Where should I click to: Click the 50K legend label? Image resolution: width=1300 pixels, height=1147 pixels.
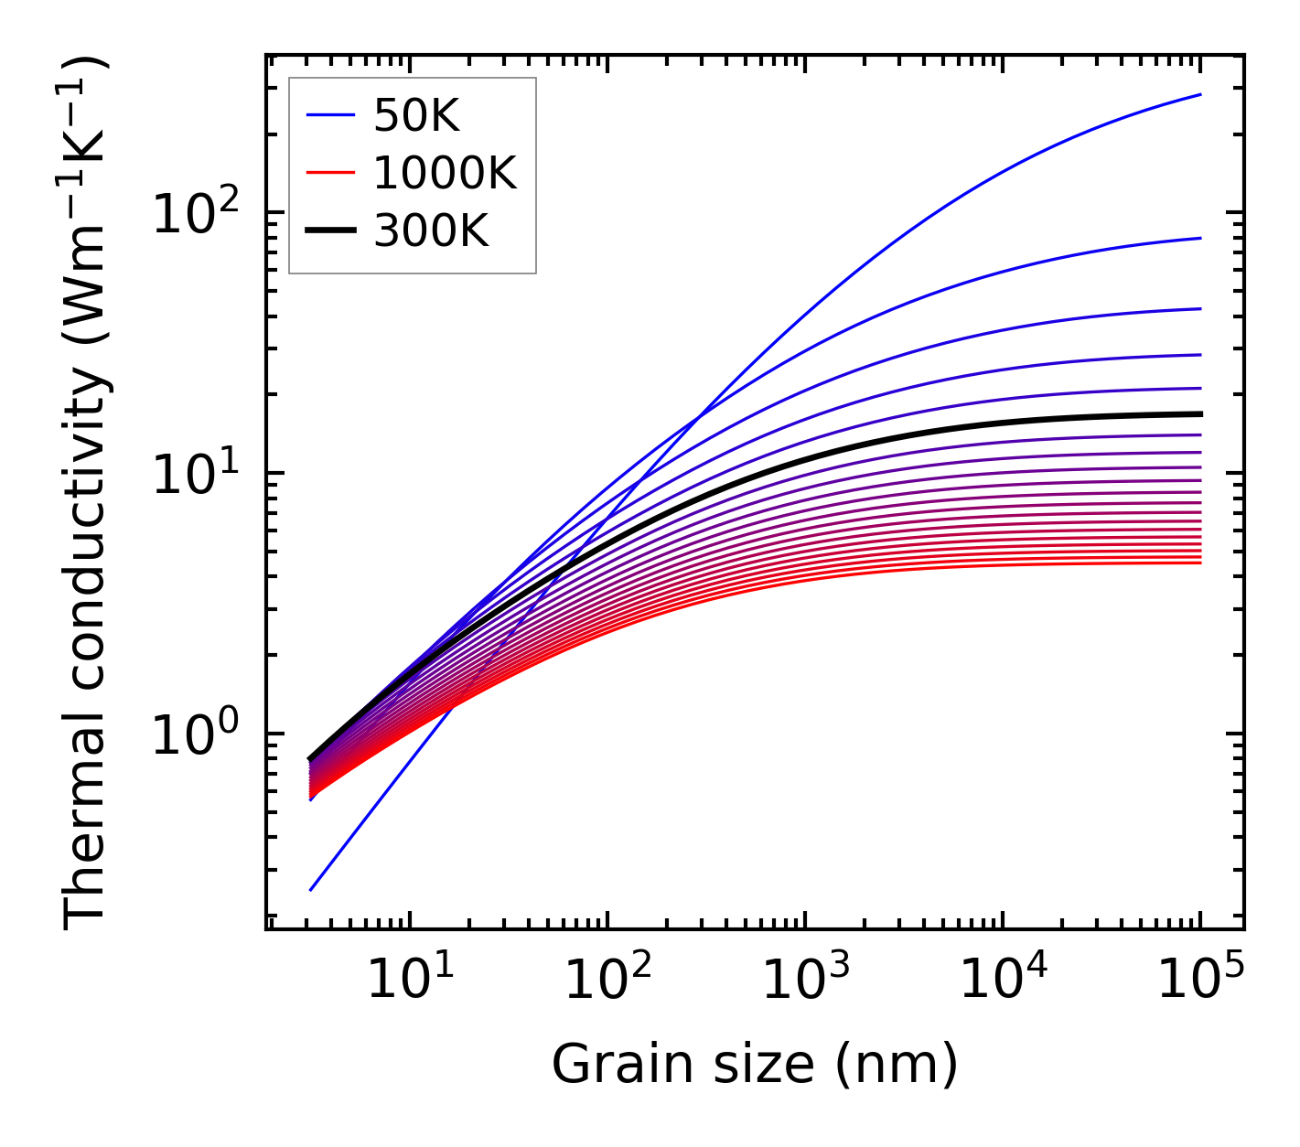[416, 115]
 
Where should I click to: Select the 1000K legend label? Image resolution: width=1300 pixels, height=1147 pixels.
[445, 173]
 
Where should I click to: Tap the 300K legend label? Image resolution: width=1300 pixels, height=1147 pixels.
[431, 231]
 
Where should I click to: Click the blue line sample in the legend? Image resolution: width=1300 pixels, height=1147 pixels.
[329, 115]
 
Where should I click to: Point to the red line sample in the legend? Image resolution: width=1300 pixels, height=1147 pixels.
[329, 173]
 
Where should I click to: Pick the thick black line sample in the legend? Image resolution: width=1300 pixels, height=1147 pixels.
[329, 231]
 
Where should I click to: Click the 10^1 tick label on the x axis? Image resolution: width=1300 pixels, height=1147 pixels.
[408, 981]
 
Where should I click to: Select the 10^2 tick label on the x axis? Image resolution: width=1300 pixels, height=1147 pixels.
[606, 981]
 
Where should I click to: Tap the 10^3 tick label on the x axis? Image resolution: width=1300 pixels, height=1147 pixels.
[803, 981]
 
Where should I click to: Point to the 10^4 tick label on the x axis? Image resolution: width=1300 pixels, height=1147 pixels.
[1002, 981]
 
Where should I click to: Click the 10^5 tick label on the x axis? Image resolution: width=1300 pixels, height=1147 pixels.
[1199, 981]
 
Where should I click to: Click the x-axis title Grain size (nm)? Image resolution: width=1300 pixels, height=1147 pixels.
[755, 1065]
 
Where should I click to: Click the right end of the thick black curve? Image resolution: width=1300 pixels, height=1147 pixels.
[1200, 414]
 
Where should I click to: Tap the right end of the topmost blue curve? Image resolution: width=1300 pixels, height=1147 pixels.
[1200, 94]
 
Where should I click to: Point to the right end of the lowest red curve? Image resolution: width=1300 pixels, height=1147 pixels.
[1200, 563]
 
